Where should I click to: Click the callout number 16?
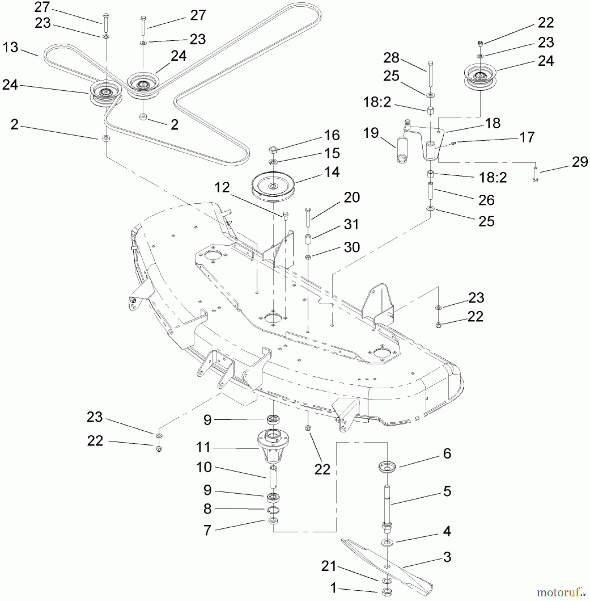pos(332,135)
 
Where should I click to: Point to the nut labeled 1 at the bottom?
pos(387,593)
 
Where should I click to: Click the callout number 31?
pos(351,224)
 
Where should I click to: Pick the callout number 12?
pos(222,188)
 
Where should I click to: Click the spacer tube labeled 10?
pos(273,477)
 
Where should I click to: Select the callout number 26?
pos(486,200)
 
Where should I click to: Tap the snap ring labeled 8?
pos(273,510)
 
